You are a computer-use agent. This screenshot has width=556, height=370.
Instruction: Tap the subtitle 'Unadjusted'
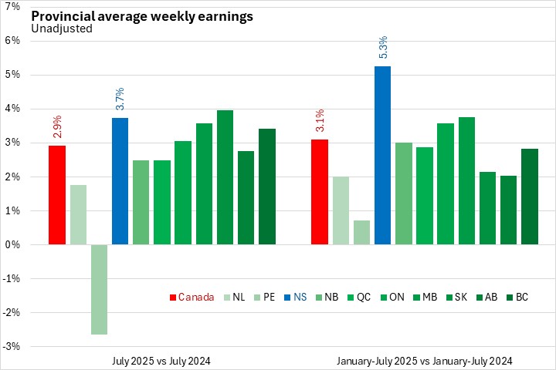pyautogui.click(x=62, y=29)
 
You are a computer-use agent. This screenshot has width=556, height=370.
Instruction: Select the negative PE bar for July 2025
pyautogui.click(x=99, y=289)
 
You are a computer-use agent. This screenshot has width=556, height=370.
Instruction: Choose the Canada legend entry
pyautogui.click(x=192, y=297)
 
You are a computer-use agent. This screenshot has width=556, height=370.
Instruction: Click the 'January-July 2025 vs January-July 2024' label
pyautogui.click(x=424, y=360)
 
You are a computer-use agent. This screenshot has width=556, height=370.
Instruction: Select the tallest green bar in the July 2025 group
pyautogui.click(x=225, y=177)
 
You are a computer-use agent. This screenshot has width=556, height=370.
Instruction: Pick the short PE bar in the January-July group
pyautogui.click(x=361, y=232)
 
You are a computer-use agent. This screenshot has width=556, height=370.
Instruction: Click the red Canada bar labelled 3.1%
pyautogui.click(x=319, y=192)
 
